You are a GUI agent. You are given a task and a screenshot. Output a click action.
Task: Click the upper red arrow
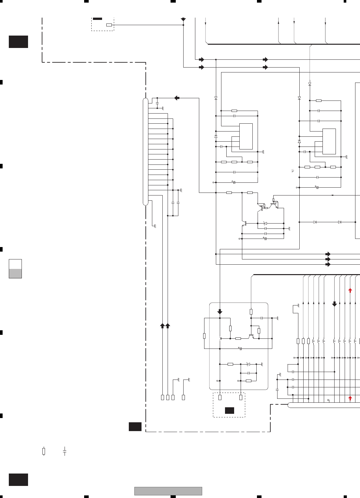350,290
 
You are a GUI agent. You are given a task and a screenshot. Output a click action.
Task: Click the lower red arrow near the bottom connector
350,398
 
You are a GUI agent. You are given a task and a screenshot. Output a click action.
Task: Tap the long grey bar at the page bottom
168,491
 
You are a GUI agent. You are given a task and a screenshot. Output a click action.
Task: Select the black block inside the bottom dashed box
229,411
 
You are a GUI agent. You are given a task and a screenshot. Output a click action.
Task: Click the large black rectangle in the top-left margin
18,42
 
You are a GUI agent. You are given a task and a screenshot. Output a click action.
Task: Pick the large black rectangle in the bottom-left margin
18,479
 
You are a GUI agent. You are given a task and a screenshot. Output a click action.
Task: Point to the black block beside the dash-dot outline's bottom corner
135,427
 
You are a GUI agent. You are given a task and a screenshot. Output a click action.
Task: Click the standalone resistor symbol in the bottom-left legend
44,451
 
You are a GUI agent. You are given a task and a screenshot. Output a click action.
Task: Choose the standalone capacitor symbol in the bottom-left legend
65,451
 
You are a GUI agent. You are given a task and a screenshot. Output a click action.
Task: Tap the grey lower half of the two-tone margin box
15,273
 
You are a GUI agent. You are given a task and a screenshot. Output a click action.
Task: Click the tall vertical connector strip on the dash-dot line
145,151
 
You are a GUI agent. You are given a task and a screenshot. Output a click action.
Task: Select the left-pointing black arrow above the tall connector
177,98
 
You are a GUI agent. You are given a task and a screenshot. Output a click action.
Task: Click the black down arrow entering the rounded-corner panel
220,312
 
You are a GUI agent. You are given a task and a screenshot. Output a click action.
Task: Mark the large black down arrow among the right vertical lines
334,304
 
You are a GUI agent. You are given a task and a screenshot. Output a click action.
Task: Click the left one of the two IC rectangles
246,136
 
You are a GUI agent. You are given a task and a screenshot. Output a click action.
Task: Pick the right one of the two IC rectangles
329,141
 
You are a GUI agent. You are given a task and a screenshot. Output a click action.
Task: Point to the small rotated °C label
293,170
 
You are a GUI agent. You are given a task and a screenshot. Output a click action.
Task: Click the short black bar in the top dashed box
97,19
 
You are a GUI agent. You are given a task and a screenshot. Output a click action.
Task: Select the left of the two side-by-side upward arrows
162,325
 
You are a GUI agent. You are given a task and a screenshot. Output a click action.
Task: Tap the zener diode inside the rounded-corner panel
248,364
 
